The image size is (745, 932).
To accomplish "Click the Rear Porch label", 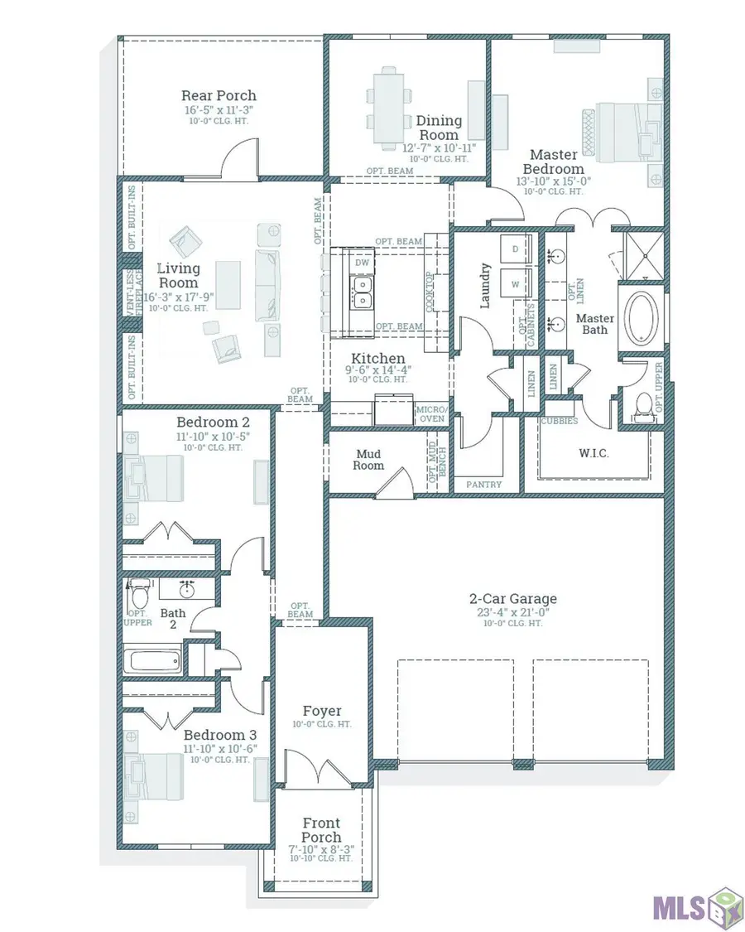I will pos(219,95).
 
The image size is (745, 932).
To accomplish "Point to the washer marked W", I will pos(516,282).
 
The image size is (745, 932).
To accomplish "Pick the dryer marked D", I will pos(516,249).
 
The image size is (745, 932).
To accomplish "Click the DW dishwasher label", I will pos(362,262).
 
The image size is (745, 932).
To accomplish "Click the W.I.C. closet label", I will pos(593,453).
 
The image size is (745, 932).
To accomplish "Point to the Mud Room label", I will pos(369,460).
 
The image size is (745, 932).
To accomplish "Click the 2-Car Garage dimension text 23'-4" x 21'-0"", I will pos(513,612).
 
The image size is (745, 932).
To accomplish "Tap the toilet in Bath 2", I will pos(139,593).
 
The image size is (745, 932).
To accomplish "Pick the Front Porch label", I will pos(320,829).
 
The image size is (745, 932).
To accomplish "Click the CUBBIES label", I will pos(560,421).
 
